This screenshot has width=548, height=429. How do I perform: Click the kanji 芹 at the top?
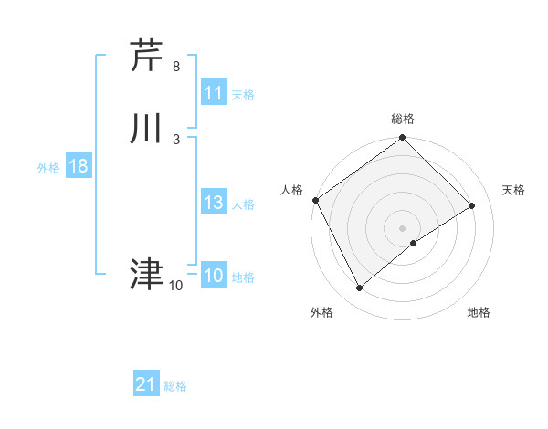pyautogui.click(x=146, y=56)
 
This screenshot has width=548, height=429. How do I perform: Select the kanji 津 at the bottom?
pyautogui.click(x=146, y=273)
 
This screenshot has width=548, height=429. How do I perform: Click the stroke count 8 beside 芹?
pyautogui.click(x=176, y=67)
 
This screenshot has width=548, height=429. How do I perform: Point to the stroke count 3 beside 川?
pyautogui.click(x=176, y=139)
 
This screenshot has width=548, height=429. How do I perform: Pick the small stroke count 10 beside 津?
pyautogui.click(x=175, y=285)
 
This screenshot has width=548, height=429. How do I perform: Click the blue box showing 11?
pyautogui.click(x=214, y=93)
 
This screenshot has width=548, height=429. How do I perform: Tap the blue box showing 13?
pyautogui.click(x=214, y=203)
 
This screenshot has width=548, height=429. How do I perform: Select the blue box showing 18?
pyautogui.click(x=78, y=166)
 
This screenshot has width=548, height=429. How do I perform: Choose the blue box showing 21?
pyautogui.click(x=146, y=384)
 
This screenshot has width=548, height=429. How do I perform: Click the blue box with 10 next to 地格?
pyautogui.click(x=214, y=276)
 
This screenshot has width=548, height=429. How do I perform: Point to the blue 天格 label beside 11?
pyautogui.click(x=243, y=95)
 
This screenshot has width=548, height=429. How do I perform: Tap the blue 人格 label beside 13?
pyautogui.click(x=243, y=204)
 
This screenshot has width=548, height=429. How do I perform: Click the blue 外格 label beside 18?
pyautogui.click(x=48, y=168)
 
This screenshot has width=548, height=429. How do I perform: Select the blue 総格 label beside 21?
pyautogui.click(x=175, y=386)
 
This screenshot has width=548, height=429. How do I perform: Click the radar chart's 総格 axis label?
pyautogui.click(x=403, y=120)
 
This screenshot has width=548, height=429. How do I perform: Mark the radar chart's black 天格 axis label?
pyautogui.click(x=514, y=190)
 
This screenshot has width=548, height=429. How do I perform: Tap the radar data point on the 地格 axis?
pyautogui.click(x=414, y=243)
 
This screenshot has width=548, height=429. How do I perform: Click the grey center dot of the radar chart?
pyautogui.click(x=403, y=227)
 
